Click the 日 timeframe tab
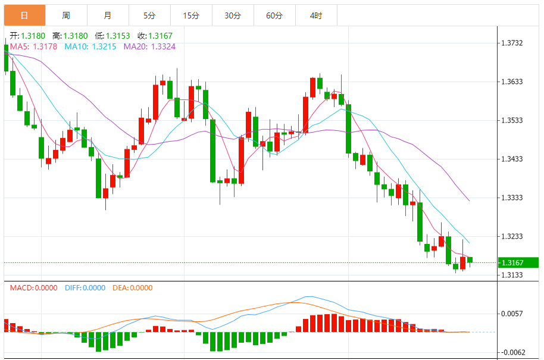24,15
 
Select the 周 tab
65,15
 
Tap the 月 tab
107,15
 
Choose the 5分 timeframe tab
149,15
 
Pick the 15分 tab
191,15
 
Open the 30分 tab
233,15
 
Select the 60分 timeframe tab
274,15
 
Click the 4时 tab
316,15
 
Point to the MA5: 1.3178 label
34,46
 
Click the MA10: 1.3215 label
91,46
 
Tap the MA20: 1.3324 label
149,46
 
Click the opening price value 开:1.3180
27,36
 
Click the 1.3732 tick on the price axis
512,43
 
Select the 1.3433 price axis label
512,159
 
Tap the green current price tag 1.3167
512,262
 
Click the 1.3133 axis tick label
512,275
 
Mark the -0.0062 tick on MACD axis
512,352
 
